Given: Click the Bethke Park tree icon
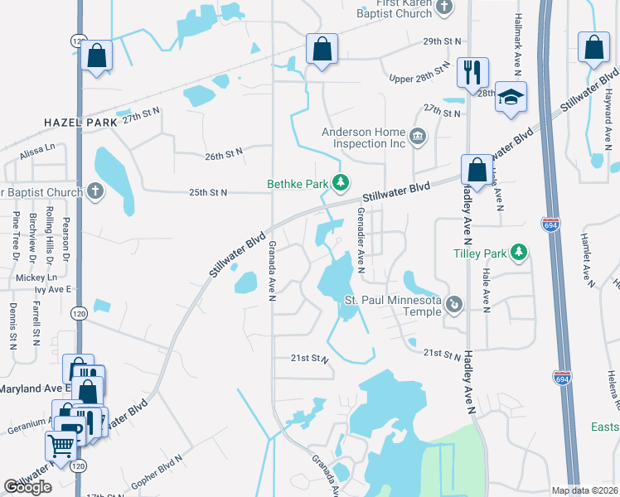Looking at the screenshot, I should [339, 182].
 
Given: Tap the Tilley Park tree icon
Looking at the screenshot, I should [520, 250].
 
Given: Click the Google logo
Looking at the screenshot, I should [27, 487].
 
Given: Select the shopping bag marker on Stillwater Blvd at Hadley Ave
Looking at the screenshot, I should [477, 171].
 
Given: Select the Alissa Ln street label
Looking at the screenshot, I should [38, 147].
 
